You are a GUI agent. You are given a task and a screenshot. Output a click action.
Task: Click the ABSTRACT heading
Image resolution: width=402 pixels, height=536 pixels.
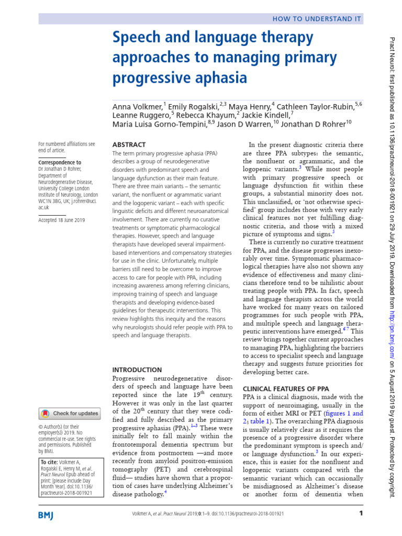click(x=129, y=144)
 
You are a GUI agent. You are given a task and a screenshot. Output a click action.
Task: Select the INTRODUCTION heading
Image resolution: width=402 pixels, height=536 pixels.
click(x=137, y=369)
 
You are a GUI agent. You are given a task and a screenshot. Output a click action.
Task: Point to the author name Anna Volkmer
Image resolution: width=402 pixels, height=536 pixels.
click(x=137, y=106)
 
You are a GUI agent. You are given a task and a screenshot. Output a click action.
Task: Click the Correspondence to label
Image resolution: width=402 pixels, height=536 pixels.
click(x=60, y=163)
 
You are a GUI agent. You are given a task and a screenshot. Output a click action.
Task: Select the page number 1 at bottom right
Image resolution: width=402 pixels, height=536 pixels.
click(x=361, y=513)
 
